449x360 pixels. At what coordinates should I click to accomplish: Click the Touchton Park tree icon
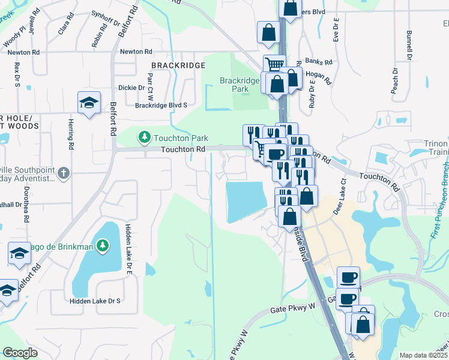[144, 138]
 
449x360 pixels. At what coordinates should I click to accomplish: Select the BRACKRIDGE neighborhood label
[174, 64]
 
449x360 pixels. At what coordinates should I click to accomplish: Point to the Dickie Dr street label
[131, 88]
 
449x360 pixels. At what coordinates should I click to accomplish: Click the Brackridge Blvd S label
[161, 105]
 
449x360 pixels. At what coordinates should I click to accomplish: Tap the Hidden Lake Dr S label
[95, 301]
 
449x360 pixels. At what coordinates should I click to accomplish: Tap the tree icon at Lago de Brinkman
[103, 245]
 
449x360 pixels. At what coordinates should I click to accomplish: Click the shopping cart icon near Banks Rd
[274, 65]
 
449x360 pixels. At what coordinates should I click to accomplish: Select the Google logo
[20, 353]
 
